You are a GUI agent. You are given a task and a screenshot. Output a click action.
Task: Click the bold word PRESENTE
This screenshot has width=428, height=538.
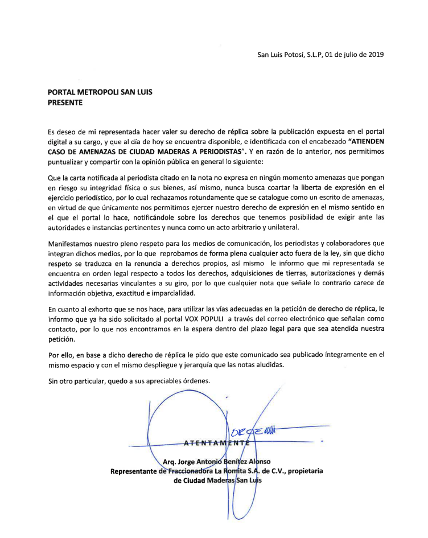point(65,103)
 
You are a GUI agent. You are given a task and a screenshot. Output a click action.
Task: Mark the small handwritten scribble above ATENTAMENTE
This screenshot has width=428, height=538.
point(256,433)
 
